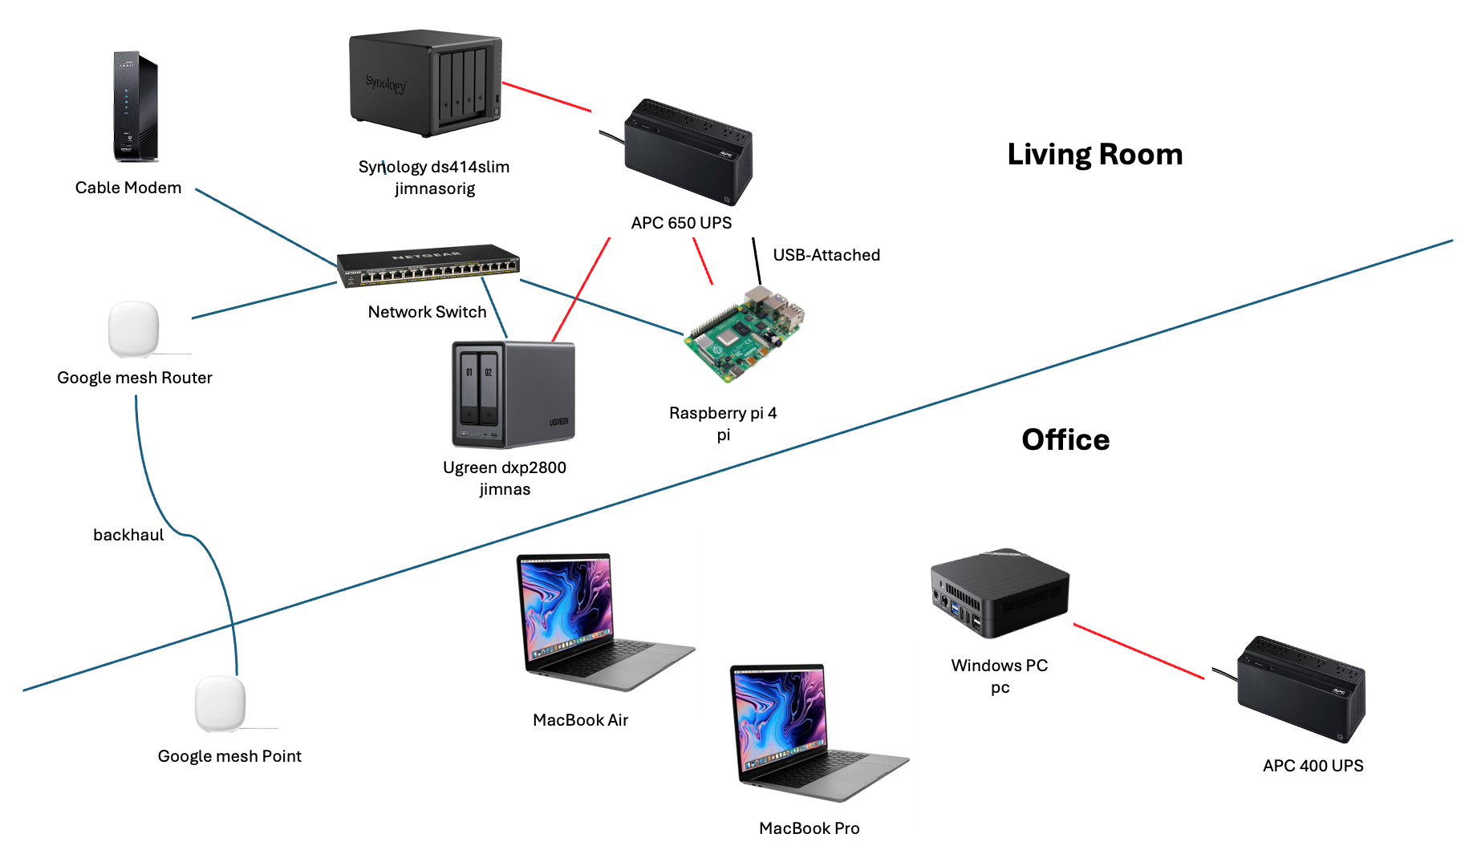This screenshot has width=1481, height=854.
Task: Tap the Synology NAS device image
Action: click(425, 83)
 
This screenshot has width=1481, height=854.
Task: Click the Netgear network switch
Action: click(428, 265)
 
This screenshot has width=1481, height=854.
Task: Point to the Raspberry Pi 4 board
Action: click(744, 334)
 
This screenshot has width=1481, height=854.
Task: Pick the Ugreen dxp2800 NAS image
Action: click(513, 394)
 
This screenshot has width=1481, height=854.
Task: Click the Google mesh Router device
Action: click(134, 329)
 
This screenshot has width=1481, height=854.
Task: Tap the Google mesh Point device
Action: click(221, 703)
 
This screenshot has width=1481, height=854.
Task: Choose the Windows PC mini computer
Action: click(999, 593)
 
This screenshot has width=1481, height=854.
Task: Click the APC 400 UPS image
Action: click(1300, 689)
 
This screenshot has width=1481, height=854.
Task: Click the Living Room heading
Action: click(1094, 154)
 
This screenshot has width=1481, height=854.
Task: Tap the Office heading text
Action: click(1065, 439)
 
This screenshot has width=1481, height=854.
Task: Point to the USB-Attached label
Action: click(826, 255)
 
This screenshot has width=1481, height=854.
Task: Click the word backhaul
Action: click(128, 535)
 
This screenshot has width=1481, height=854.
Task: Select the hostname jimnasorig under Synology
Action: click(435, 188)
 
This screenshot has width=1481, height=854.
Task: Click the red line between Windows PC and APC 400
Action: click(1138, 651)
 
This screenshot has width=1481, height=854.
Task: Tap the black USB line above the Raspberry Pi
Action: click(757, 261)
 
